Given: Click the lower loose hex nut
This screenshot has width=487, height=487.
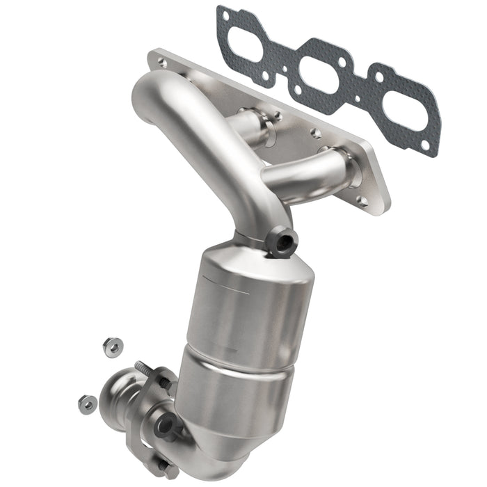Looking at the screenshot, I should [x=87, y=401].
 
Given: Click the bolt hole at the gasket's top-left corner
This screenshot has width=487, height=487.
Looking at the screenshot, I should [x=223, y=13].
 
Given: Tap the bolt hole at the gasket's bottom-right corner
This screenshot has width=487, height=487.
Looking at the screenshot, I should [x=425, y=144].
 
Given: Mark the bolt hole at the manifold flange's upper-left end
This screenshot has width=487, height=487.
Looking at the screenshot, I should [x=162, y=62].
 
